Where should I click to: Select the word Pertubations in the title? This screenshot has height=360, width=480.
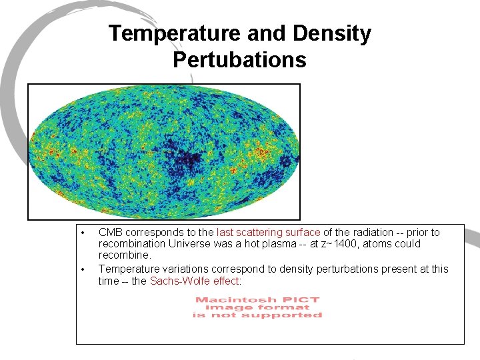click(x=239, y=60)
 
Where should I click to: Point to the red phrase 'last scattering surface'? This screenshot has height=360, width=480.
click(x=268, y=233)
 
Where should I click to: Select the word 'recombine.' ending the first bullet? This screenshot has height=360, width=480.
click(x=125, y=255)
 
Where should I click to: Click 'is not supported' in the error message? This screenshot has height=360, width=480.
click(x=257, y=315)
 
